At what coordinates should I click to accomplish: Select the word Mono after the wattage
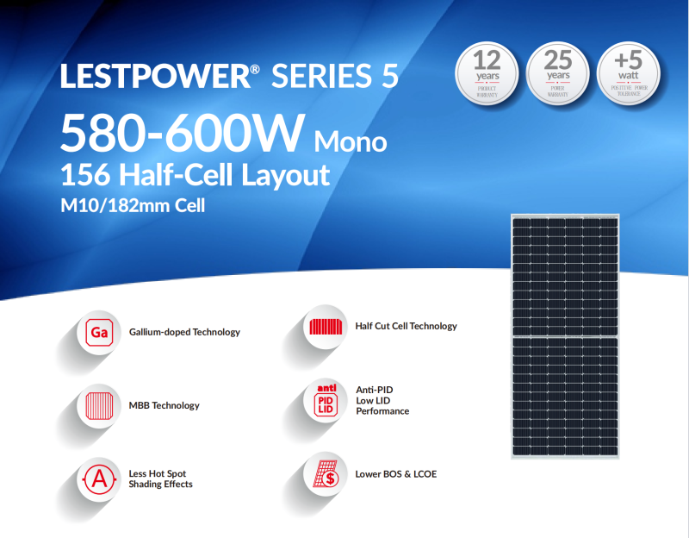point(351,140)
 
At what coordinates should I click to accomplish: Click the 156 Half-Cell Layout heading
point(195,174)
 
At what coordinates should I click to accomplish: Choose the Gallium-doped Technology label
point(184,332)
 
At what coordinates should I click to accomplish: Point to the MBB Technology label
point(164,405)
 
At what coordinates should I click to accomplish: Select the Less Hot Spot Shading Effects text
point(160,479)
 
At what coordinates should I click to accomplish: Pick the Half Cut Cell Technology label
point(406,326)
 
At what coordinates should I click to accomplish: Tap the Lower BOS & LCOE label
point(395,474)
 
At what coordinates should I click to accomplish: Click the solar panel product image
point(565,336)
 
